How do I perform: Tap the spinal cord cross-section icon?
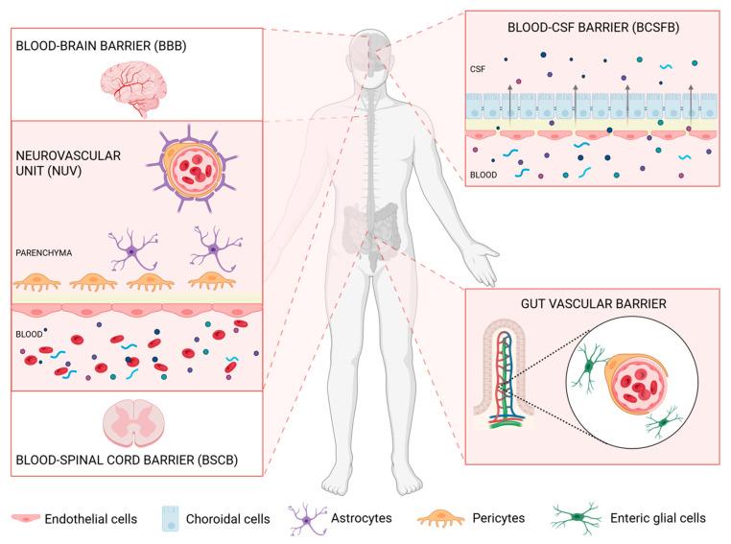click(135, 421)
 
